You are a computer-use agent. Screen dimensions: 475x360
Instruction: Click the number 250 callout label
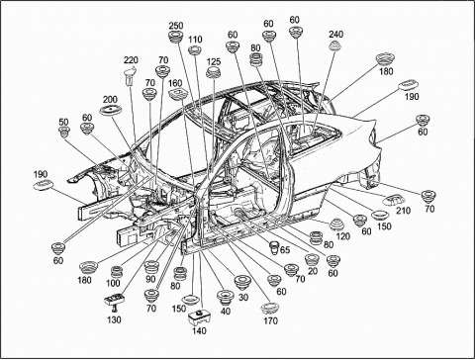176,26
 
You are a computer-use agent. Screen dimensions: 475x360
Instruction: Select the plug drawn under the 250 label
176,37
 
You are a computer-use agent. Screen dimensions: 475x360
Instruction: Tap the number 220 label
131,60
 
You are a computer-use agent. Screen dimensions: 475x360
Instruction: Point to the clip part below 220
130,76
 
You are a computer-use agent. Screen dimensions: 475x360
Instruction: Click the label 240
335,35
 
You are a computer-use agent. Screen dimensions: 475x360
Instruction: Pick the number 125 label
214,62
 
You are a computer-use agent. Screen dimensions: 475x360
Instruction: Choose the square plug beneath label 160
176,94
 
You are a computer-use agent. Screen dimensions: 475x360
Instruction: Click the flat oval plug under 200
110,110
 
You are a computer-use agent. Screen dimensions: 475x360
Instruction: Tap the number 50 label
63,122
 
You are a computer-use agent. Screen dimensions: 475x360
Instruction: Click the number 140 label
199,330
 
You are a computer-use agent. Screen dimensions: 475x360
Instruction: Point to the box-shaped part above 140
199,317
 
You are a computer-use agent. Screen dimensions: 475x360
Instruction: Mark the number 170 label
270,320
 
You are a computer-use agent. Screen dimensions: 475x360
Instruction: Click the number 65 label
285,249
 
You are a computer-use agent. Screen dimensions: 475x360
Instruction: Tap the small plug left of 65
274,248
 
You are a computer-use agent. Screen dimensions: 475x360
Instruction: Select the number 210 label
403,211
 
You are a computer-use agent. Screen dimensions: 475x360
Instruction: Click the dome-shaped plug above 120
336,225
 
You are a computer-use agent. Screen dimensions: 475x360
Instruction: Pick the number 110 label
195,40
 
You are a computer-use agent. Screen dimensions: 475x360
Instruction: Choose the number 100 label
113,283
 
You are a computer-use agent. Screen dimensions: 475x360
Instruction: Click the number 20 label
313,271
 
